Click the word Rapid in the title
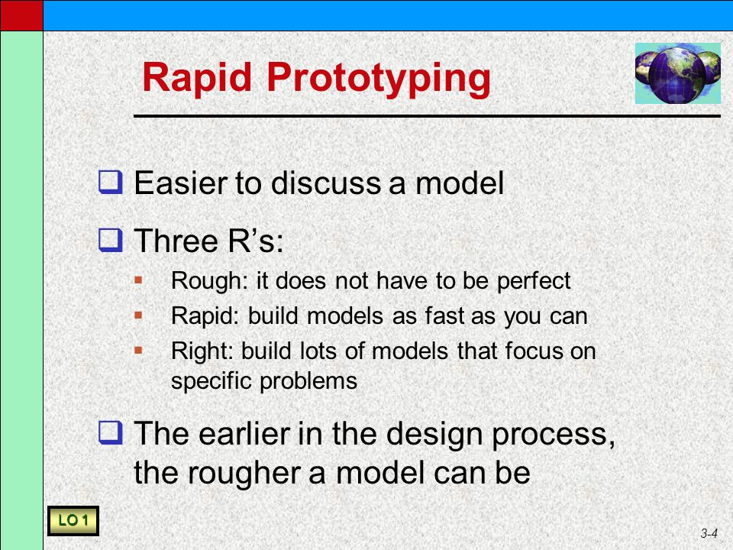(x=197, y=78)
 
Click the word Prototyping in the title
(x=379, y=79)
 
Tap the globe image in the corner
(x=677, y=73)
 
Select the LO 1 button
(x=73, y=520)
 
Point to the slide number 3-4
(x=709, y=533)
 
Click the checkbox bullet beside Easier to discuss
(x=110, y=183)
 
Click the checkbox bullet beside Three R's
(x=110, y=240)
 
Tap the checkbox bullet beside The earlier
(x=110, y=432)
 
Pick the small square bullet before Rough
(x=138, y=280)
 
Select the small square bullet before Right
(x=138, y=350)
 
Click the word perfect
(x=534, y=281)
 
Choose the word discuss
(x=326, y=183)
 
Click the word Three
(x=176, y=241)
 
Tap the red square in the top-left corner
(x=21, y=15)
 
